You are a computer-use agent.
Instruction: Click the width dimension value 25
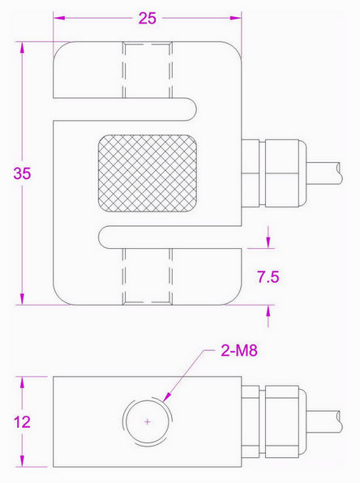coord(147,18)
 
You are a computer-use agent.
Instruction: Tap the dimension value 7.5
coord(268,276)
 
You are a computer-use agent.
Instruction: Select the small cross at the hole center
coord(147,421)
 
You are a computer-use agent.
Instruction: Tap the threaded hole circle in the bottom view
coord(131,422)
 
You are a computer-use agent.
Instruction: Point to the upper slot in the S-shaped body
coord(130,103)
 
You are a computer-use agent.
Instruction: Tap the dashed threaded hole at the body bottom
coord(147,276)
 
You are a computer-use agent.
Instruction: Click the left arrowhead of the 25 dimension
coord(57,17)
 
